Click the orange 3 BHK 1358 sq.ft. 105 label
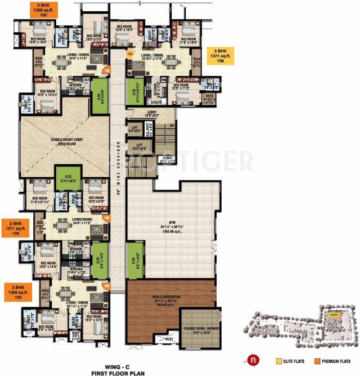pos(44,10)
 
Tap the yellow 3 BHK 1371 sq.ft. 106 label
pos(220,57)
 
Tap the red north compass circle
pos(252,361)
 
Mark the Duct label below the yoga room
pos(170,338)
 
